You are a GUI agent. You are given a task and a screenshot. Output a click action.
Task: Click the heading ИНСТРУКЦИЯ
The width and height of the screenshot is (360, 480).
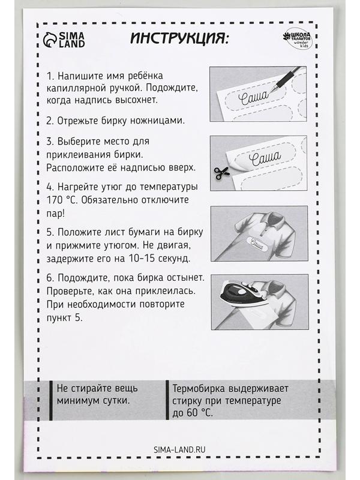pos(179,39)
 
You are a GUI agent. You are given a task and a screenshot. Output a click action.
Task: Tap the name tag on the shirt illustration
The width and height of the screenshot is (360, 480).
pos(255,242)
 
